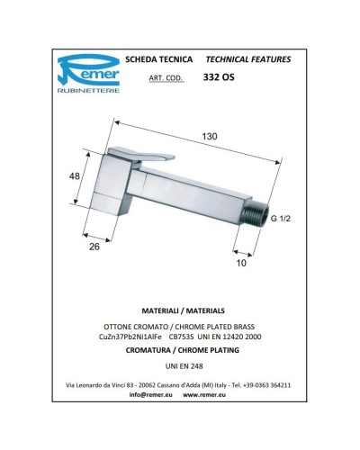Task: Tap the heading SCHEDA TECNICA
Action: coord(164,59)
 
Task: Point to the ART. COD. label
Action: coord(164,79)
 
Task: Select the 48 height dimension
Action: coord(76,177)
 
